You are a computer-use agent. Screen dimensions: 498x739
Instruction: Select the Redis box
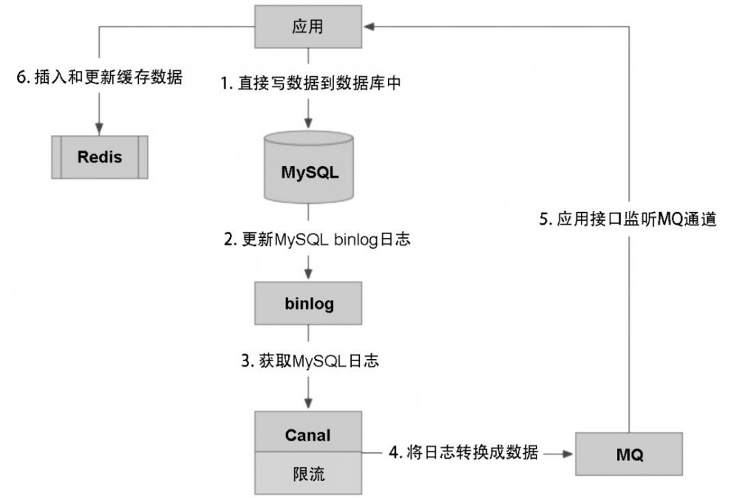point(100,157)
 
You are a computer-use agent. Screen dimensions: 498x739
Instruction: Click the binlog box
point(308,303)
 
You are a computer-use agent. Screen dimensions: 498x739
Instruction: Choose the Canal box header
point(308,434)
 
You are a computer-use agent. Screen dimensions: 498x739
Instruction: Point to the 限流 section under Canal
point(308,472)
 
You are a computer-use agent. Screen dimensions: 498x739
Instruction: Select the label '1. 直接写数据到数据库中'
point(311,83)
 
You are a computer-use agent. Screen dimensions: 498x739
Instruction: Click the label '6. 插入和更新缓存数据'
point(99,77)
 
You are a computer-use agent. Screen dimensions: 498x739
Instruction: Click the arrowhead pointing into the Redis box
point(99,129)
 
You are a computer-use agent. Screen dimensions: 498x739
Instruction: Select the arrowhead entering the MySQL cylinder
point(308,125)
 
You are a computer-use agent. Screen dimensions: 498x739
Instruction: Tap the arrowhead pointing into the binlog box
point(308,275)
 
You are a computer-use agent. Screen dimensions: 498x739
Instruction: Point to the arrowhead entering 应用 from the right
point(369,27)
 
